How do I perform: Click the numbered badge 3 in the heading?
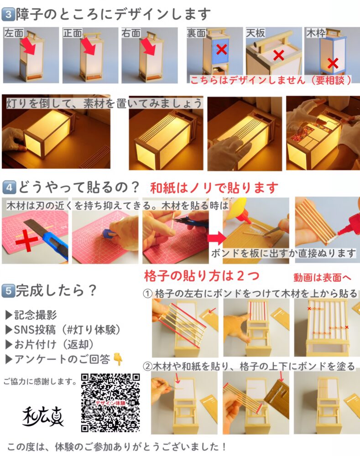[x=8, y=15]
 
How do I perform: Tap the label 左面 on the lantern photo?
[x=14, y=33]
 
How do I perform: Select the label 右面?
[x=131, y=33]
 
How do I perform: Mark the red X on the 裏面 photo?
[x=222, y=49]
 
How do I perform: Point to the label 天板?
[x=256, y=33]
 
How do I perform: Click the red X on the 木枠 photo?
[x=333, y=63]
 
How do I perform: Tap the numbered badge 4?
[x=9, y=187]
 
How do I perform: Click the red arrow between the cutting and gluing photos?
[x=217, y=238]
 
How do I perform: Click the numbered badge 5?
[x=8, y=290]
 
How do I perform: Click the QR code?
[x=110, y=403]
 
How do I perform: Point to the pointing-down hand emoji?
[x=118, y=359]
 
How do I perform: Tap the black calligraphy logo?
[x=42, y=416]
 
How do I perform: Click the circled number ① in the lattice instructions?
[x=147, y=294]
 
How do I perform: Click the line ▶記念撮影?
[x=31, y=315]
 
